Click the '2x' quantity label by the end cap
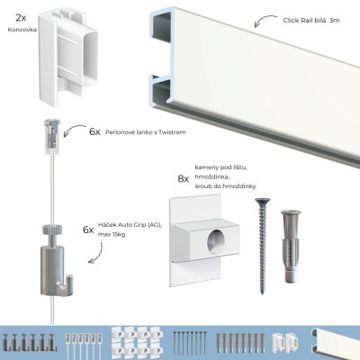(x=20, y=16)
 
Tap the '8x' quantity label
(x=183, y=179)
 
